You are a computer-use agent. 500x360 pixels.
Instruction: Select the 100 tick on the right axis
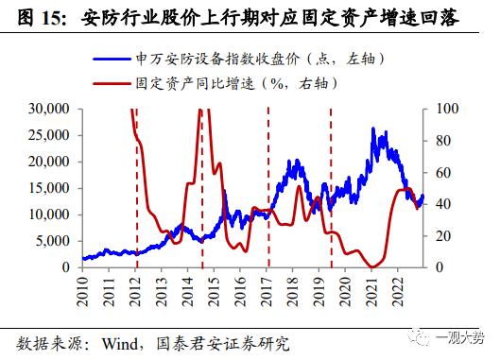pos(444,109)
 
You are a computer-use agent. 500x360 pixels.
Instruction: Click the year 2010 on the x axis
pos(83,287)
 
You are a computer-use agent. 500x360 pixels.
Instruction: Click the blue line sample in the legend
pos(119,59)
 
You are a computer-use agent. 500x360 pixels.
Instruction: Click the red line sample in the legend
pos(119,83)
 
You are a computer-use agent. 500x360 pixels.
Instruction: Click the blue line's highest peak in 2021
pos(374,129)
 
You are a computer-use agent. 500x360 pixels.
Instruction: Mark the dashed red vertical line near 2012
pos(135,189)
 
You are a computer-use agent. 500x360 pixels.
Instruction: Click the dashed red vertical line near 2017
pos(268,189)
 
